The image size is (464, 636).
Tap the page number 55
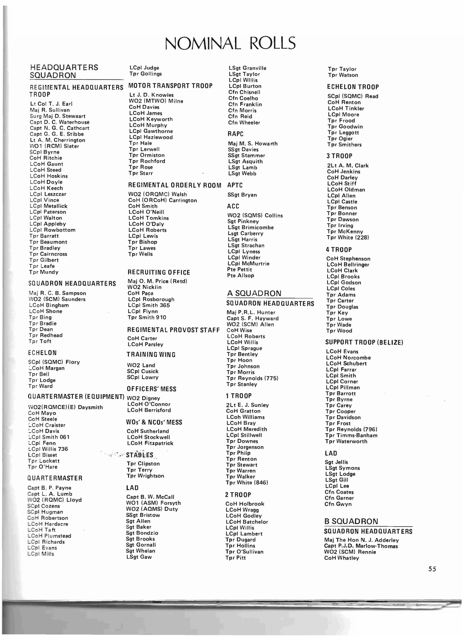432,569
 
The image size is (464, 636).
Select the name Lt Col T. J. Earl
51,104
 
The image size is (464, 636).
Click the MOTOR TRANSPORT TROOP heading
170,86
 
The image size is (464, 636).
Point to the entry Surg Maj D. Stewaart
58,116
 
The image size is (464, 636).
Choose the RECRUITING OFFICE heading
159,272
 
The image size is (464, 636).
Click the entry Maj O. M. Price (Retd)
157,281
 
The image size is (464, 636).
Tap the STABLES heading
140,455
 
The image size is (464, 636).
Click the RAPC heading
235,134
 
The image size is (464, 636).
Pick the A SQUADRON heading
254,293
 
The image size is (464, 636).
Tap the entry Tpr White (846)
247,483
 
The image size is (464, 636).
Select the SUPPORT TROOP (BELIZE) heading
364,342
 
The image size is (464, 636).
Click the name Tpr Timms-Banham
351,435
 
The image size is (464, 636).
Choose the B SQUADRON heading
351,521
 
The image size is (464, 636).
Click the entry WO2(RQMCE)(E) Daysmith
66,407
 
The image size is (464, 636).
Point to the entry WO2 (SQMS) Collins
255,216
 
